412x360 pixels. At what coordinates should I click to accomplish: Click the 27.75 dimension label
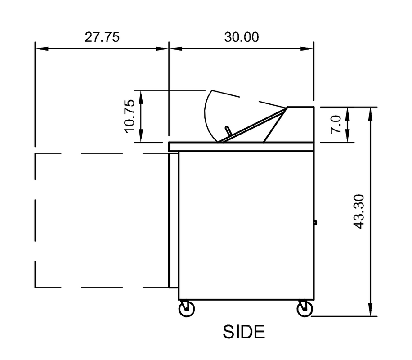(x=102, y=37)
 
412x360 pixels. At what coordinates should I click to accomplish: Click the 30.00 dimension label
(x=242, y=37)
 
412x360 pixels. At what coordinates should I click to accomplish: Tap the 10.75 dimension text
(x=130, y=116)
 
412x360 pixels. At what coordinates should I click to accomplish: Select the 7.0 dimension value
(x=336, y=125)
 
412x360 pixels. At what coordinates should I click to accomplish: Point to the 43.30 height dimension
(x=358, y=211)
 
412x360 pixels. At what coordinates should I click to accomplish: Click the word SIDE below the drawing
(x=244, y=332)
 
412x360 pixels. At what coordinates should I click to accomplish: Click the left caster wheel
(x=187, y=309)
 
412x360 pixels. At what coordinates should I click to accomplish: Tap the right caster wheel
(x=305, y=309)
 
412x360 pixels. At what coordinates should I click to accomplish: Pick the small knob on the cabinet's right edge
(x=315, y=222)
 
